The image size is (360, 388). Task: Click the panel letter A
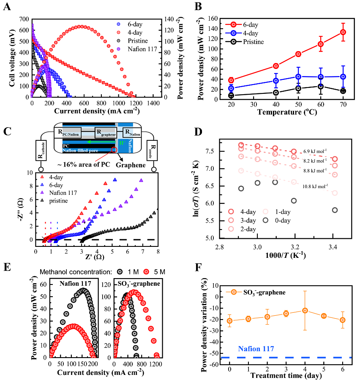tap(7, 7)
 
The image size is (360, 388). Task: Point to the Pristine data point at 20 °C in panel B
tap(231, 96)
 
